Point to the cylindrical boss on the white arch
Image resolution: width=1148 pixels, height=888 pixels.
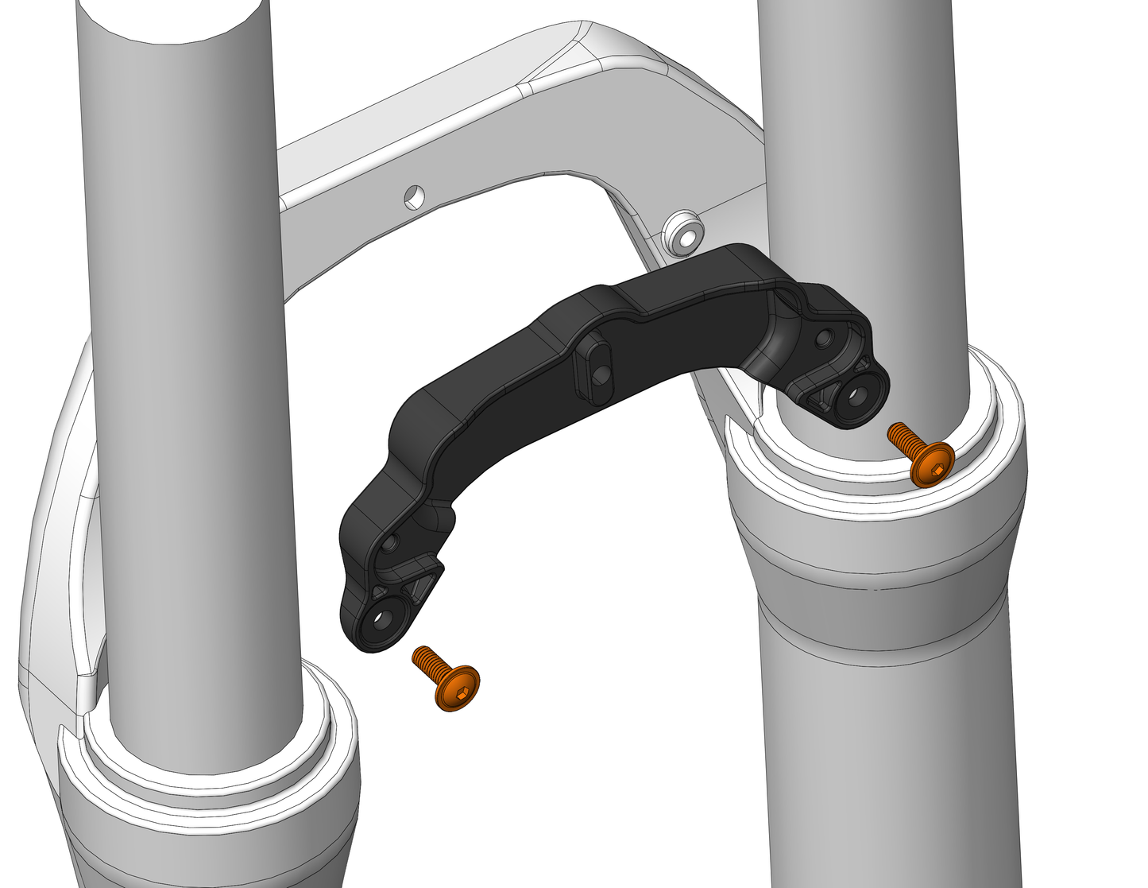tap(681, 231)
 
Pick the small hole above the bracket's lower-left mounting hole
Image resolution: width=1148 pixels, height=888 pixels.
tap(390, 544)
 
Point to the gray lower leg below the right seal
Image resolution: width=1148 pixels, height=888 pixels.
tap(882, 715)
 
